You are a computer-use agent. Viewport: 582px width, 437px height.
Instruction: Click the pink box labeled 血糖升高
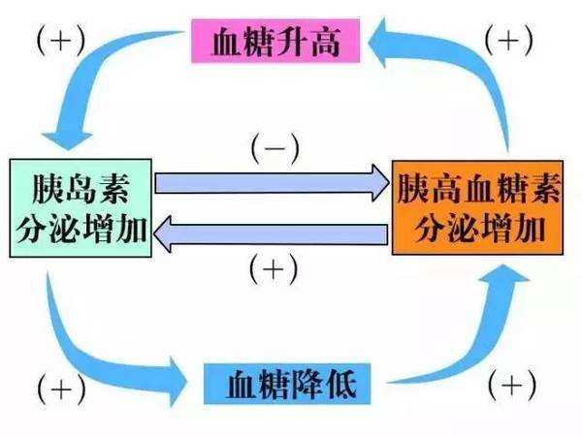tap(275, 43)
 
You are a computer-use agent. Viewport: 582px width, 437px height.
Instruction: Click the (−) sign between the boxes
tap(275, 149)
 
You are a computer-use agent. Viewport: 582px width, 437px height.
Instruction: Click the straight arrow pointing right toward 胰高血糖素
tap(272, 182)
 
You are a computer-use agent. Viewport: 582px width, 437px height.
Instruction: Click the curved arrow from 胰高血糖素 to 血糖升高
tap(456, 78)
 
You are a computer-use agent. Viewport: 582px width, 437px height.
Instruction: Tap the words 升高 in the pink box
tap(304, 43)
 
